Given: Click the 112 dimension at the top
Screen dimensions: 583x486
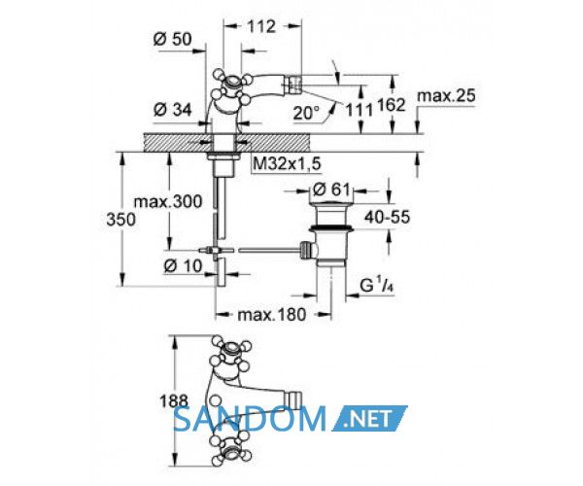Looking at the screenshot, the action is tap(261, 26).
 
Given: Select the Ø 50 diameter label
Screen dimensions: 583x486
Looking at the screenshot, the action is tap(173, 39).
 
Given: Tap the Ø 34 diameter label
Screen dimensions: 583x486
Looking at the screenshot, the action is tap(173, 110).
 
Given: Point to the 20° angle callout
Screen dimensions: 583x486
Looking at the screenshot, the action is tap(306, 113).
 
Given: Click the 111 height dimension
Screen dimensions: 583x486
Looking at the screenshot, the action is tap(360, 109).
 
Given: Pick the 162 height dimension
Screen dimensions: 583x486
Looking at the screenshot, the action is tap(392, 105).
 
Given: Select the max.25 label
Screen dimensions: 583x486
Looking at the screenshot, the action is tap(446, 95).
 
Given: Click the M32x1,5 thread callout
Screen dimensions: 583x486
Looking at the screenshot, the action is tap(287, 163).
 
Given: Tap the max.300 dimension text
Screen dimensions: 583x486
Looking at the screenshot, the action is tap(168, 201).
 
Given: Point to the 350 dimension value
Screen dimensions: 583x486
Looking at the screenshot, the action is tap(120, 220).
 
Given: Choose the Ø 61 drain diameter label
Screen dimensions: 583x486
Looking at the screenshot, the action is tap(331, 190).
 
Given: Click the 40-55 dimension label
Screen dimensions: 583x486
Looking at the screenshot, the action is tap(387, 217).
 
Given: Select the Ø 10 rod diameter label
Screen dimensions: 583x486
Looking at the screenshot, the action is tap(183, 266).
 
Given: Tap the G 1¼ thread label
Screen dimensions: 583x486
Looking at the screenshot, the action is tap(376, 285).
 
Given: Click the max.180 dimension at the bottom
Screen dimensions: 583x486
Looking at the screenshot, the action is tap(272, 315).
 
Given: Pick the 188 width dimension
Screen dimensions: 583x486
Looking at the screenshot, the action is tap(174, 401).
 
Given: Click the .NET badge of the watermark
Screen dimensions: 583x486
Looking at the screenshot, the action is tap(369, 418).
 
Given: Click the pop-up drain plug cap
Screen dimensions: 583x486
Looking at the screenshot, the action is tap(331, 204).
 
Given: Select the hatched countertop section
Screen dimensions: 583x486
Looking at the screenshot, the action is tap(226, 142).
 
